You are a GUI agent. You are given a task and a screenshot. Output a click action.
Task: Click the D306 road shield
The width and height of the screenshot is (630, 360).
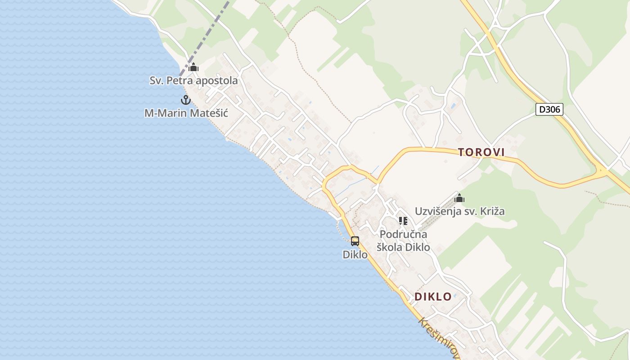click(x=549, y=109)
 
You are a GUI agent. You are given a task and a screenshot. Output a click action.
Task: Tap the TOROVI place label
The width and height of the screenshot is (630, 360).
click(x=481, y=153)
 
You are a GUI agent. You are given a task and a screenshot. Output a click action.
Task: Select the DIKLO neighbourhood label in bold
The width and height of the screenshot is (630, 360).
click(x=433, y=297)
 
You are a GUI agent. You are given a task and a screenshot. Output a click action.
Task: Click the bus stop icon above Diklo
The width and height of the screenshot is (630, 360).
click(x=355, y=241)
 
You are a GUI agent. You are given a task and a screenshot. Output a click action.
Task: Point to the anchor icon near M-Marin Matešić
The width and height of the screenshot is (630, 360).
click(x=185, y=100)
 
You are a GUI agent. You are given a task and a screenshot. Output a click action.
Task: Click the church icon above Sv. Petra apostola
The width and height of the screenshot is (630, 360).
click(x=193, y=68)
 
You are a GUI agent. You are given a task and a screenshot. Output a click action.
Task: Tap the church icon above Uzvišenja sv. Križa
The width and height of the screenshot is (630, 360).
click(x=459, y=198)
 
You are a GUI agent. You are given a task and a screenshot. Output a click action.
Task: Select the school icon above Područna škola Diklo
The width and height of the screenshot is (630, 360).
click(x=403, y=221)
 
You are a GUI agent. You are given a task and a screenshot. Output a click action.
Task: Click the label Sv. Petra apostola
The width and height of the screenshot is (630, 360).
click(x=193, y=81)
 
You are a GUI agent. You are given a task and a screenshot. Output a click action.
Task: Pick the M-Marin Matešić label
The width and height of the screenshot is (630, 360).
click(x=186, y=113)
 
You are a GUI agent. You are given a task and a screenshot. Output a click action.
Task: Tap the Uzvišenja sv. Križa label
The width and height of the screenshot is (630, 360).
click(x=459, y=211)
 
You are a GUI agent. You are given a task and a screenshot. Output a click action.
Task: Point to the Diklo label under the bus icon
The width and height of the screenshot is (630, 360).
click(x=355, y=254)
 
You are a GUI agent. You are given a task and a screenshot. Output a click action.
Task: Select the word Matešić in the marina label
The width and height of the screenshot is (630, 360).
click(x=209, y=113)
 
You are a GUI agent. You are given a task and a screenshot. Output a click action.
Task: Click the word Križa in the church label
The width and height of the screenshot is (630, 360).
click(x=492, y=211)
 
